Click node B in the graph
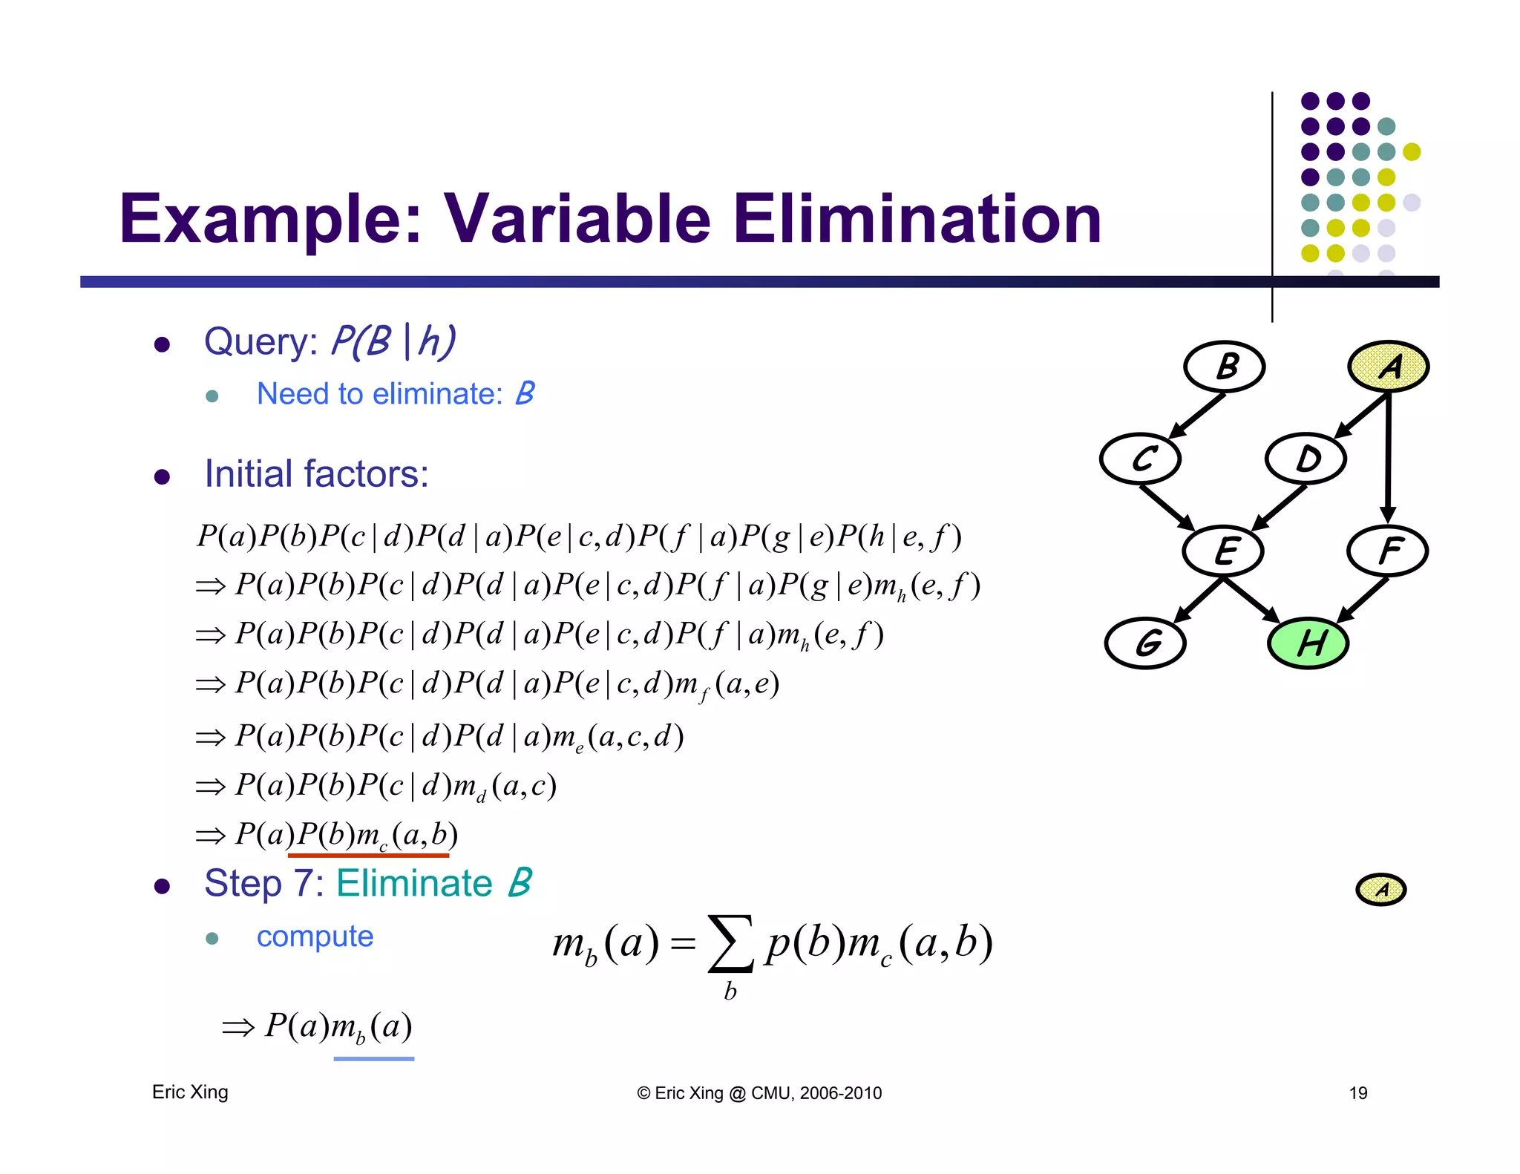pyautogui.click(x=1224, y=367)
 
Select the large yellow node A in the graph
pyautogui.click(x=1388, y=367)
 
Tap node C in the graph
pyautogui.click(x=1141, y=459)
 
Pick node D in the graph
pyautogui.click(x=1306, y=459)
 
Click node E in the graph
pyautogui.click(x=1223, y=551)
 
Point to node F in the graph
pyautogui.click(x=1387, y=551)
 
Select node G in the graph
pyautogui.click(x=1145, y=643)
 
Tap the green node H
pyautogui.click(x=1308, y=643)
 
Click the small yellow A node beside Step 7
pyautogui.click(x=1380, y=889)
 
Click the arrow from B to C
pyautogui.click(x=1196, y=416)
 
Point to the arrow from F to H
pyautogui.click(x=1363, y=600)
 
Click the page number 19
pyautogui.click(x=1357, y=1093)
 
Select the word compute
pyautogui.click(x=315, y=937)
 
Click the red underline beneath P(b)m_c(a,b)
pyautogui.click(x=368, y=856)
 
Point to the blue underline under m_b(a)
pyautogui.click(x=373, y=1059)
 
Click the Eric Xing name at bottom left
pyautogui.click(x=190, y=1092)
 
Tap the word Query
pyautogui.click(x=261, y=342)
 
